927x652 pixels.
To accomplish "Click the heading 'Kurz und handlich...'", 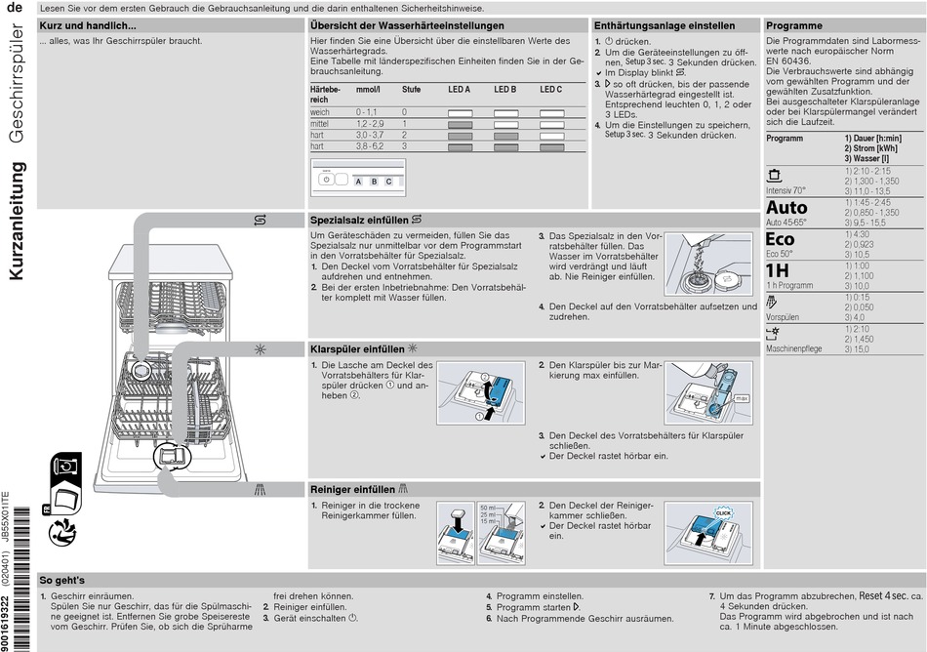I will pyautogui.click(x=87, y=24).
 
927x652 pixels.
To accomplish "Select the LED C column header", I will pyautogui.click(x=550, y=89).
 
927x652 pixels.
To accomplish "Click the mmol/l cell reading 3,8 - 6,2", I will pyautogui.click(x=370, y=145).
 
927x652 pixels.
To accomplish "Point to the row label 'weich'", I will pyautogui.click(x=320, y=112).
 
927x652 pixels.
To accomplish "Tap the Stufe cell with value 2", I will pyautogui.click(x=405, y=135).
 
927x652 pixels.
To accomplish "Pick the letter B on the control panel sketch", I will pyautogui.click(x=374, y=182).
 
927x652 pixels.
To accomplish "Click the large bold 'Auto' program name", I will pyautogui.click(x=786, y=207).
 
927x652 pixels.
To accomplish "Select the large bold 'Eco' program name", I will pyautogui.click(x=780, y=239).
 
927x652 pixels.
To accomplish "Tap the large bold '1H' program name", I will pyautogui.click(x=777, y=270).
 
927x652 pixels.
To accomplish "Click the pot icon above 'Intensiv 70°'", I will pyautogui.click(x=775, y=176).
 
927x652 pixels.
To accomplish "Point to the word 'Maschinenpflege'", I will pyautogui.click(x=793, y=348).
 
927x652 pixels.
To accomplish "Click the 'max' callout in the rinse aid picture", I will pyautogui.click(x=742, y=398).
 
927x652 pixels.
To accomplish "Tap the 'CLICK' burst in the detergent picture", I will pyautogui.click(x=723, y=511).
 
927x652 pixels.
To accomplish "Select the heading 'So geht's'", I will pyautogui.click(x=61, y=580).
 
